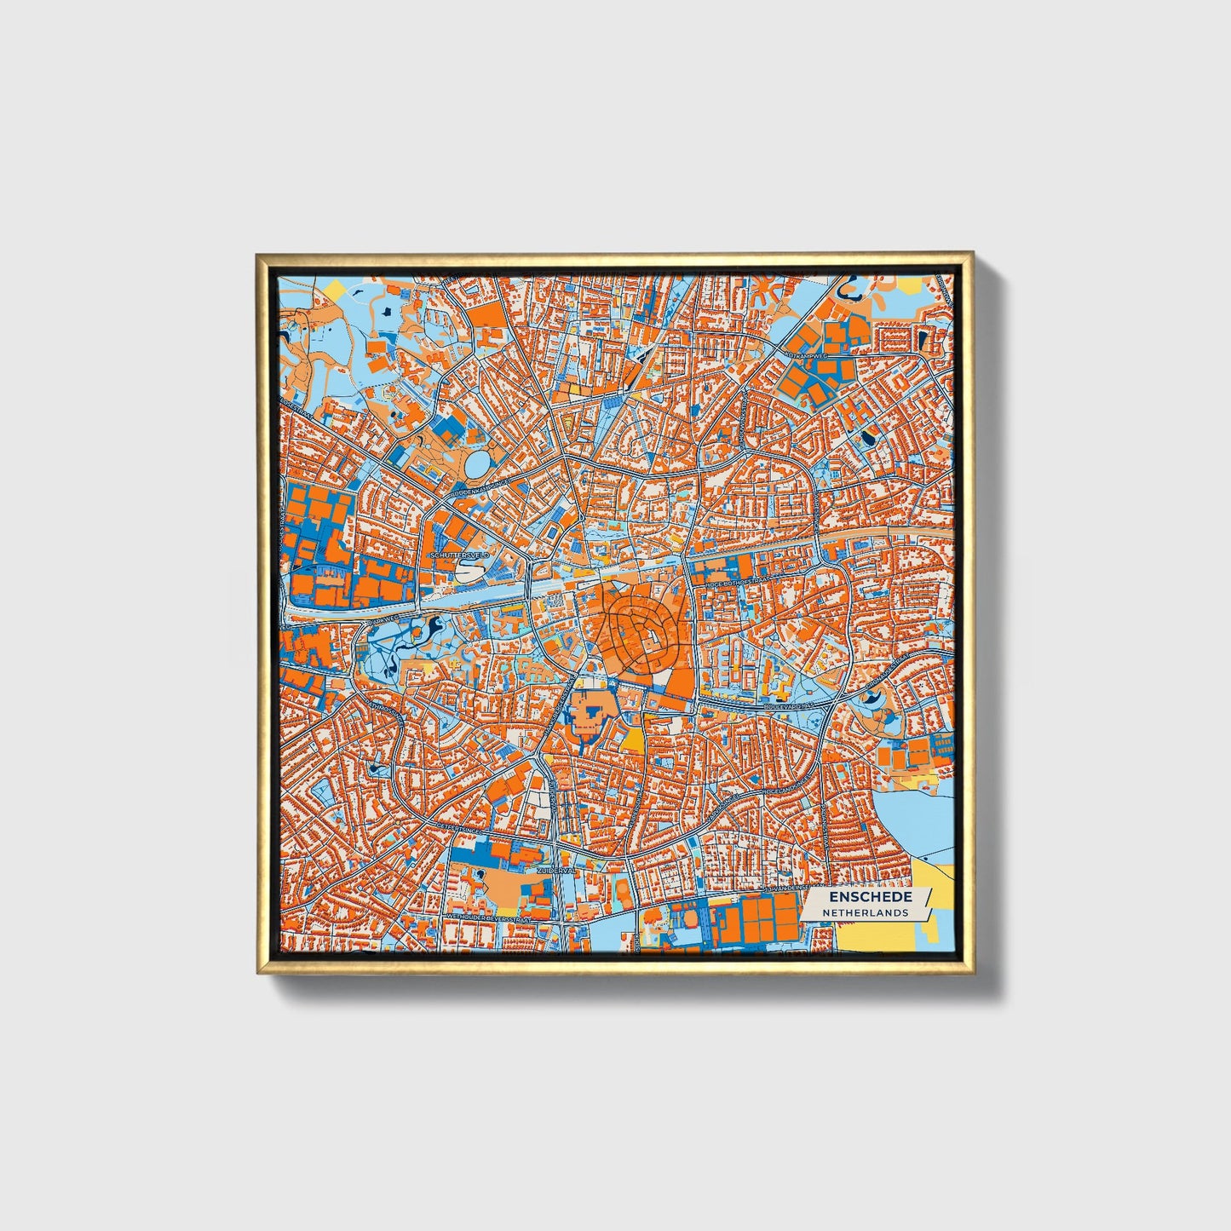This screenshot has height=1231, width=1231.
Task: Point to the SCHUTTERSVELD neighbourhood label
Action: pos(459,555)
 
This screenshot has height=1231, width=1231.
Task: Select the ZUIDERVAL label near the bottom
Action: pos(557,871)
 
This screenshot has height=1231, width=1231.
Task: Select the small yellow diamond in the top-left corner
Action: pos(336,290)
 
